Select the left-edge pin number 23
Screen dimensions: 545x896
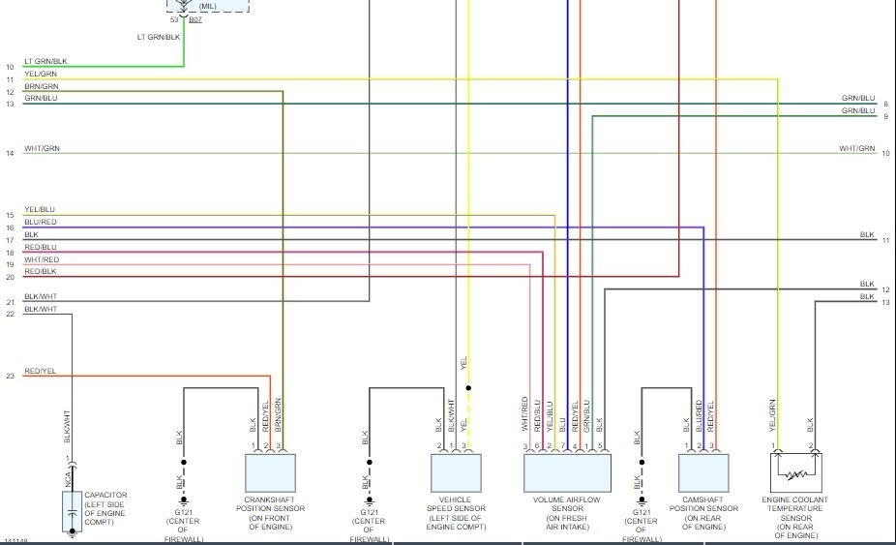point(10,376)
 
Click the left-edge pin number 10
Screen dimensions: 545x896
point(10,67)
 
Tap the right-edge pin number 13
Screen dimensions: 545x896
point(885,303)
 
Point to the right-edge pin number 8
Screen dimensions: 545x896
point(885,104)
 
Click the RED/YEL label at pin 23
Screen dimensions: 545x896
point(41,371)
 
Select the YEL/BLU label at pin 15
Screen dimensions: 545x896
point(41,209)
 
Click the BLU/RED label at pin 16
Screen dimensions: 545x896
point(41,222)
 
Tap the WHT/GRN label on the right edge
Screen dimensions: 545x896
point(856,148)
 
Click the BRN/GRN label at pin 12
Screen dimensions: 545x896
point(42,86)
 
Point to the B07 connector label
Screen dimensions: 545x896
point(195,19)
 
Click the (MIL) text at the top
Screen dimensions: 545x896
point(208,6)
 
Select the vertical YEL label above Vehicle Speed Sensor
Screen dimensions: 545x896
point(464,364)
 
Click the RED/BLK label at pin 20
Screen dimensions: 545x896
point(41,272)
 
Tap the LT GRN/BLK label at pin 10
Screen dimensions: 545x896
point(46,61)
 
